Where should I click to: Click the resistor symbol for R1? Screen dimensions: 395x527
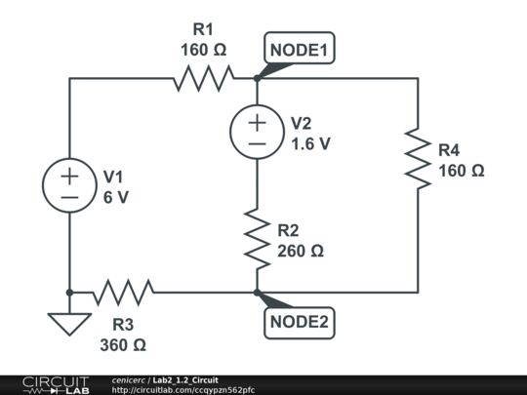click(204, 79)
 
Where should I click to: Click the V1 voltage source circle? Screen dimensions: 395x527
click(70, 185)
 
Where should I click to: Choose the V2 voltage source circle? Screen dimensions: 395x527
click(257, 133)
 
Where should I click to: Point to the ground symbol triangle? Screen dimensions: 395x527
click(69, 323)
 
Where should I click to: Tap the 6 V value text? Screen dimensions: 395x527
click(116, 196)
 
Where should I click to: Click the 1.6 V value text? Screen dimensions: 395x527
click(310, 143)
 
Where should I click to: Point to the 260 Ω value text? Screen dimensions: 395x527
click(301, 251)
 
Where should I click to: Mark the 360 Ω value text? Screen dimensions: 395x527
click(123, 344)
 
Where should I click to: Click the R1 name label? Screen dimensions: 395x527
click(203, 29)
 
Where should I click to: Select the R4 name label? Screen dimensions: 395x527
click(449, 150)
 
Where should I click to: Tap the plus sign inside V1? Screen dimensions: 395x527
click(70, 176)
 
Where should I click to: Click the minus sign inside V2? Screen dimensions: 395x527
click(257, 143)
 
